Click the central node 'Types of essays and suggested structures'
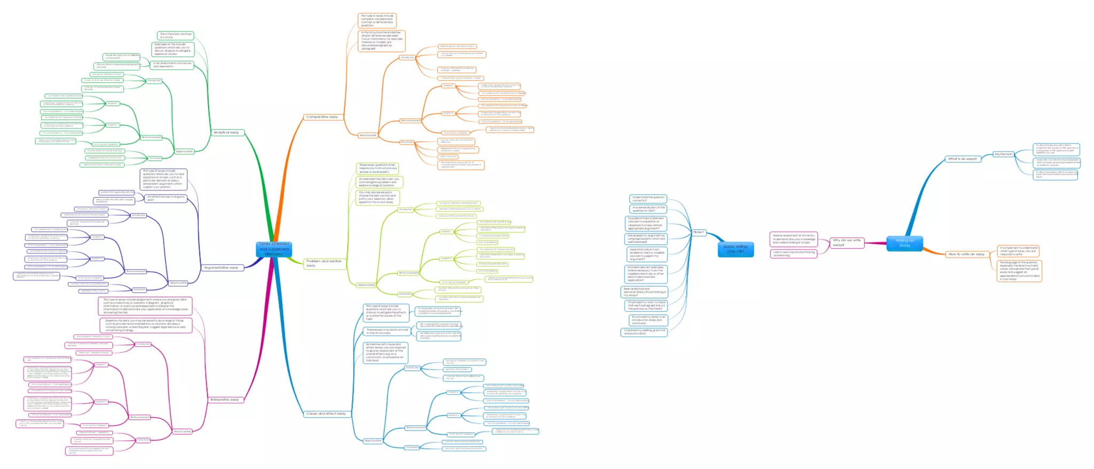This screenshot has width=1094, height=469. click(x=274, y=249)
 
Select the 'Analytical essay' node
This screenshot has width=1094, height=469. click(x=226, y=132)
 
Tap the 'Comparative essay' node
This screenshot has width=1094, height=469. click(x=322, y=116)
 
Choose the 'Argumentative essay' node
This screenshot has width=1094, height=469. click(x=221, y=268)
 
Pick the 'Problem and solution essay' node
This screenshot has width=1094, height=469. click(x=324, y=263)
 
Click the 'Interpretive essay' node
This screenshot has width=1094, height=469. click(x=225, y=400)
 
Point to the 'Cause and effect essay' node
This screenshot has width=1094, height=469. click(x=326, y=413)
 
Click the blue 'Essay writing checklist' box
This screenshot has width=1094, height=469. click(x=736, y=249)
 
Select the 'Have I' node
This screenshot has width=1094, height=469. click(x=698, y=232)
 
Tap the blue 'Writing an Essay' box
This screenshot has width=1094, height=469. click(x=904, y=243)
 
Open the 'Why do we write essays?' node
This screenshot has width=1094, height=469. click(x=847, y=243)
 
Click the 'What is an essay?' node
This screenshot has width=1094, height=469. click(x=962, y=159)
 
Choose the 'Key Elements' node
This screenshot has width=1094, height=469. click(x=1003, y=154)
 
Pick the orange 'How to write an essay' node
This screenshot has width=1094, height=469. click(x=966, y=254)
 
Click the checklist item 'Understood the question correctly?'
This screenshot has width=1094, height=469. click(x=648, y=199)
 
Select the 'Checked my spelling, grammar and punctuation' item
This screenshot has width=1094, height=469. click(x=645, y=332)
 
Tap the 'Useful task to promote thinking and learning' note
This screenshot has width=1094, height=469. click(x=794, y=253)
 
